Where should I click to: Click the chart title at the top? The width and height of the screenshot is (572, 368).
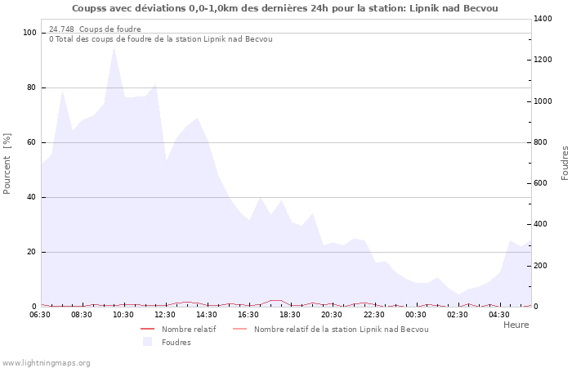pos(285,8)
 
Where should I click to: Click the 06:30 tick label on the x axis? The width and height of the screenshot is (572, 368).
pos(40,315)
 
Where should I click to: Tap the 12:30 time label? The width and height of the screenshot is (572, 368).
pos(166,315)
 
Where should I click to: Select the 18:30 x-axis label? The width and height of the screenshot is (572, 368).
pos(290,315)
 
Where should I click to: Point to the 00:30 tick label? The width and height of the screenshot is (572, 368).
pos(415,315)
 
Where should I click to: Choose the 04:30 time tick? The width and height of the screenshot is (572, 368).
pos(498,315)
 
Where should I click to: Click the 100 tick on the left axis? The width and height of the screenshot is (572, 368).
pos(30,33)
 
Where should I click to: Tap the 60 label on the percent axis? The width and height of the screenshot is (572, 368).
pos(32,142)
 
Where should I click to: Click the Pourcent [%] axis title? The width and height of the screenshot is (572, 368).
pos(7,164)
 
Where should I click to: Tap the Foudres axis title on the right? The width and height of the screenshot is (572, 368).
pos(565,163)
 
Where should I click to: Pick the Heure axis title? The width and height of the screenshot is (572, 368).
pos(516,325)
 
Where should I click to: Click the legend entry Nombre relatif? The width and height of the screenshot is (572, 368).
pos(188,329)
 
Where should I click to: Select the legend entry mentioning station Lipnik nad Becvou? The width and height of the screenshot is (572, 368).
pos(340,329)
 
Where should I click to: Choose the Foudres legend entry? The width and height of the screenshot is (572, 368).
pos(176,342)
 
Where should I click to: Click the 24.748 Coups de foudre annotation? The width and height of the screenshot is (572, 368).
pos(95,29)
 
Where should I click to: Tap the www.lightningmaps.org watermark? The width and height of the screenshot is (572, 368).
pos(46,362)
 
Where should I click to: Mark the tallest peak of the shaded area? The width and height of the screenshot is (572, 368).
pos(114,47)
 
